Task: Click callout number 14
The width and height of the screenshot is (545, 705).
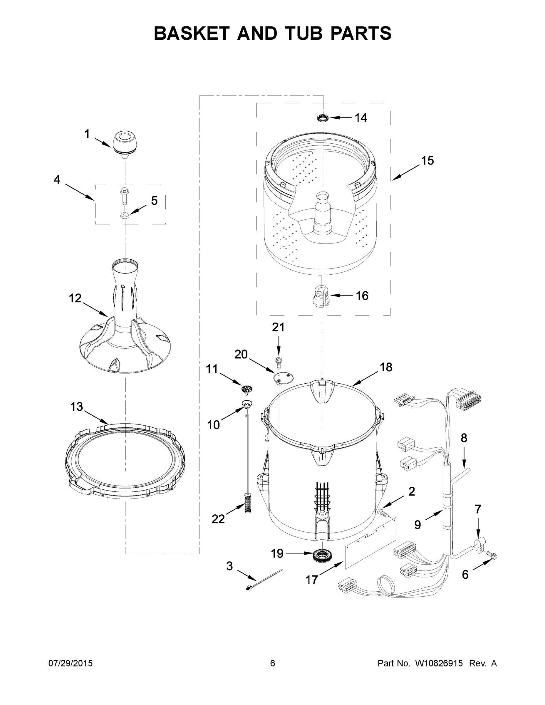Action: coord(361,118)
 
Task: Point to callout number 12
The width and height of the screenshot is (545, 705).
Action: coord(75,298)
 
